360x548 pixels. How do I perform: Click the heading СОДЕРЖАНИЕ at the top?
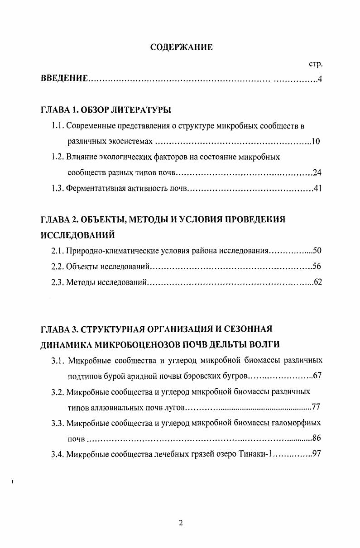[181, 47]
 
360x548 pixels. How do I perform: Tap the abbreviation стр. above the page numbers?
[315, 64]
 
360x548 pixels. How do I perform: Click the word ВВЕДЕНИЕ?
[64, 79]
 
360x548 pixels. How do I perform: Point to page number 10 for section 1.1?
[316, 141]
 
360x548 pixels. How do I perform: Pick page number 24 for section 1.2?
[317, 173]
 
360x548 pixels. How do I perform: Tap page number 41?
[317, 189]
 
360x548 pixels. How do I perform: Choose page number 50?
[317, 251]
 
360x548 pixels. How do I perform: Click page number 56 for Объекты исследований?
[317, 267]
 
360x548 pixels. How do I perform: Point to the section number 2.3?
[57, 282]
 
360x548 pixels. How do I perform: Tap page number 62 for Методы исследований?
[317, 282]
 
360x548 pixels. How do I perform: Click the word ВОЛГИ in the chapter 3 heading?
[264, 344]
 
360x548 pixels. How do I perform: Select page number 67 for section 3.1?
[317, 376]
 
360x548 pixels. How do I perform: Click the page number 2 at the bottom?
[181, 524]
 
